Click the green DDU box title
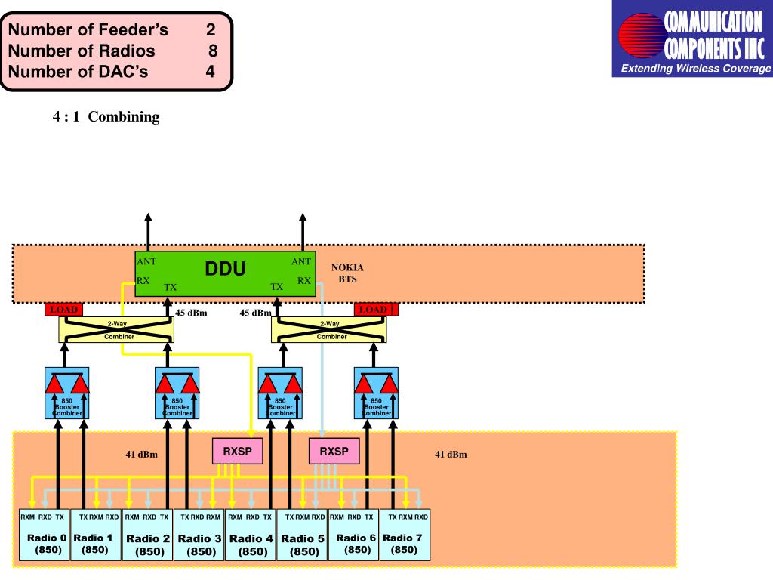pyautogui.click(x=226, y=269)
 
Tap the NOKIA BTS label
pyautogui.click(x=347, y=273)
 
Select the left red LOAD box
pyautogui.click(x=63, y=310)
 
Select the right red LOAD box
pyautogui.click(x=375, y=310)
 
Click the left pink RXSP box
pyautogui.click(x=237, y=452)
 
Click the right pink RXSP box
pyautogui.click(x=334, y=452)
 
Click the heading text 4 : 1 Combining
pyautogui.click(x=106, y=117)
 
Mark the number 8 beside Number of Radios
pyautogui.click(x=214, y=51)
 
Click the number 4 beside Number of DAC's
pyautogui.click(x=211, y=72)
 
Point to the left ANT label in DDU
pyautogui.click(x=146, y=261)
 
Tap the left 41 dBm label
pyautogui.click(x=141, y=455)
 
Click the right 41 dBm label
pyautogui.click(x=451, y=455)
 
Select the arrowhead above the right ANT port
pyautogui.click(x=302, y=217)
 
